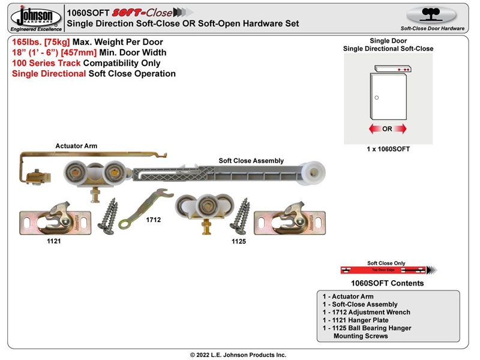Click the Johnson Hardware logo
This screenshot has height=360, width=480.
35,18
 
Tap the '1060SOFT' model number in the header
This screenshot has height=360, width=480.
88,11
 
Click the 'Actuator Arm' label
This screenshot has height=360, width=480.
76,146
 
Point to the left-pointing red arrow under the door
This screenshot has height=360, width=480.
374,129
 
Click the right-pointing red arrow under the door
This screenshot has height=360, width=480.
400,129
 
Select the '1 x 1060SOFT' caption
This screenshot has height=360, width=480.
388,149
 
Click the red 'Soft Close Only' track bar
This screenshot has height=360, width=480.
384,270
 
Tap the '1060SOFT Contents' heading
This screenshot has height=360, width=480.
387,283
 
